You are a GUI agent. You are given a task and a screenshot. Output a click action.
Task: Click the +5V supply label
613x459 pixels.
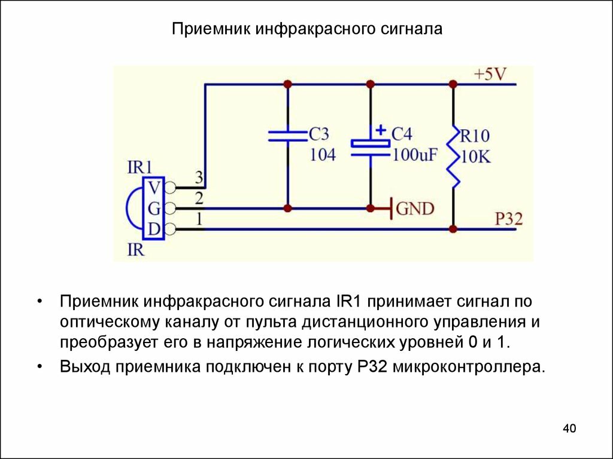click(490, 75)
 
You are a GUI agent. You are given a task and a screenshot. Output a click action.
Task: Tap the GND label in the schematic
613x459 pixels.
click(415, 209)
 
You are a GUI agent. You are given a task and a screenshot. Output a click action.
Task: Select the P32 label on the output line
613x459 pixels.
click(509, 219)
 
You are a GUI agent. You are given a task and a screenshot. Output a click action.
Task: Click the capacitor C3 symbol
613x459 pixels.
click(287, 136)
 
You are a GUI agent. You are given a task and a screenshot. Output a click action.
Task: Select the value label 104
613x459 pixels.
click(323, 155)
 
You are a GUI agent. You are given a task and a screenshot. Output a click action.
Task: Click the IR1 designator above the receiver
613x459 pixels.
click(140, 167)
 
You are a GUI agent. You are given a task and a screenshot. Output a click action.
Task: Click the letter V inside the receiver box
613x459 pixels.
click(154, 188)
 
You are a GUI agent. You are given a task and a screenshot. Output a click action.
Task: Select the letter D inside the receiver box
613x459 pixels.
click(154, 229)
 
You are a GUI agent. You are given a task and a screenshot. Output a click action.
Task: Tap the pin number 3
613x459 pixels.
click(199, 177)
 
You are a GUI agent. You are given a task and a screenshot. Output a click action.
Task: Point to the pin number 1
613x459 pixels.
click(199, 219)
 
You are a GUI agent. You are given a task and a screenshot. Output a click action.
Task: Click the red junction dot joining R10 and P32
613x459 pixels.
click(453, 229)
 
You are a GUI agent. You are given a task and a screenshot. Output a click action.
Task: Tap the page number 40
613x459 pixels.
click(569, 428)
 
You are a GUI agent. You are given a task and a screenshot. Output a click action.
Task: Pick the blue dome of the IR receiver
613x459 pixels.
click(133, 209)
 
